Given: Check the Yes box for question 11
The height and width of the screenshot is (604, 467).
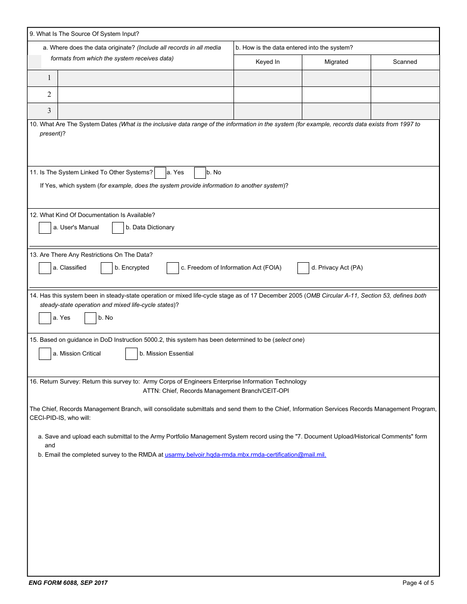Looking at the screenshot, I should [160, 173].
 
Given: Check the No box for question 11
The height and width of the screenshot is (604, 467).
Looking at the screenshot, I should [200, 173].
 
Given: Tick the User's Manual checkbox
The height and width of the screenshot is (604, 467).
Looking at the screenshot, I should [45, 228].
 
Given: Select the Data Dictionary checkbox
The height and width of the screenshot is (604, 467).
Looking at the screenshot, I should [118, 228].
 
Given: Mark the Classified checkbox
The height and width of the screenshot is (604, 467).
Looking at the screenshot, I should [45, 268].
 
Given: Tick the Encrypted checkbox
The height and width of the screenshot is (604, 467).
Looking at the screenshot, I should [107, 268].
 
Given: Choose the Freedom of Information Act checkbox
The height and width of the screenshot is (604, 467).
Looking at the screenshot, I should [173, 268].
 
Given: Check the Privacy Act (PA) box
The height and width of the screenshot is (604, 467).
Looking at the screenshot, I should [303, 268].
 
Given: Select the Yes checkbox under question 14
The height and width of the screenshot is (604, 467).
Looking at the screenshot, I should [45, 318].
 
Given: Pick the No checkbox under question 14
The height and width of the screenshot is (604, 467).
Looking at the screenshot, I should [90, 318].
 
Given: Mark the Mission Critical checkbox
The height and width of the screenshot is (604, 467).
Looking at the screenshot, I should [45, 354].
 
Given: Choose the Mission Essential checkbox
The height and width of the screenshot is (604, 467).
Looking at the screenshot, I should [131, 354].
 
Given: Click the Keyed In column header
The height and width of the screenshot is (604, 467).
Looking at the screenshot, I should [267, 62].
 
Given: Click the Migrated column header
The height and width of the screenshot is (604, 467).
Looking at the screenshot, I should [336, 62].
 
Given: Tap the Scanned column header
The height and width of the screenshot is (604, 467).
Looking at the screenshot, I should [405, 62].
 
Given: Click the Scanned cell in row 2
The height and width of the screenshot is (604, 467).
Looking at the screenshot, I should [405, 95].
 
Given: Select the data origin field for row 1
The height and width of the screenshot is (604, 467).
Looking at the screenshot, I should [146, 78].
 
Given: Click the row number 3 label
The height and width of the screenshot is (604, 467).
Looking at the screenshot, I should [49, 111].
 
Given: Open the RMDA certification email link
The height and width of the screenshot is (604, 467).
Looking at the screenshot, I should [245, 455].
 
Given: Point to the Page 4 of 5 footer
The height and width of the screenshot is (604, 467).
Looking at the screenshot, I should [418, 583].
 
